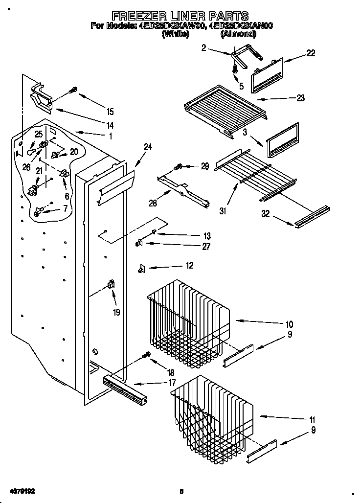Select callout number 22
(310, 53)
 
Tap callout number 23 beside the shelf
(300, 98)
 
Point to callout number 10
(289, 324)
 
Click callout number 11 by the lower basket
(312, 420)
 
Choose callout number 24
(148, 146)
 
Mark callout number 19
(116, 311)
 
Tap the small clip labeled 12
(142, 268)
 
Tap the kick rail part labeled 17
(126, 388)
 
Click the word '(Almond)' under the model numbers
(238, 34)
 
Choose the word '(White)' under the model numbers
(175, 34)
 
